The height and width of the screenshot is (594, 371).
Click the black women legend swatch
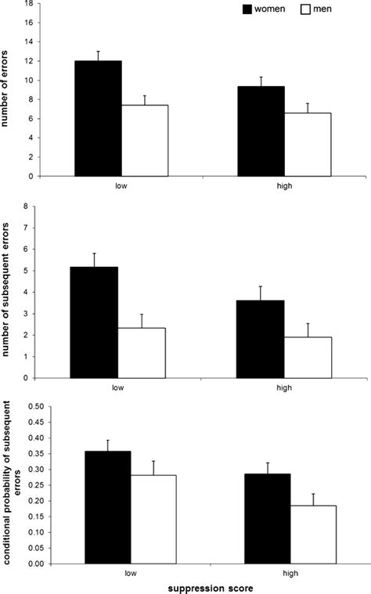252,9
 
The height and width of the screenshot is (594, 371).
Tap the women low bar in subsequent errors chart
95,322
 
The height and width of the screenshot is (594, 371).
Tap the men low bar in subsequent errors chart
142,352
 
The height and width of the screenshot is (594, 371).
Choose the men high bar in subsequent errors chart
307,357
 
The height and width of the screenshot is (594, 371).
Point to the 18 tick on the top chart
27,3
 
